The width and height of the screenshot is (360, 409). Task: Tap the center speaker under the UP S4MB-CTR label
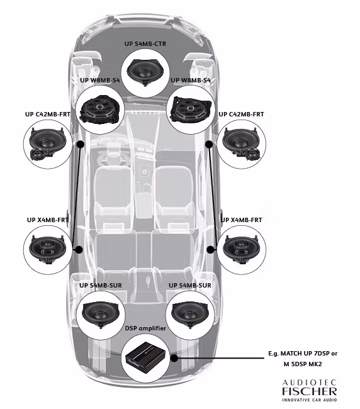coord(149,71)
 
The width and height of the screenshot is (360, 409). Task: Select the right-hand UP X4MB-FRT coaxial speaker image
coord(244,249)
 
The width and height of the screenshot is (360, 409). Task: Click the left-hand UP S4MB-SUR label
coord(101,285)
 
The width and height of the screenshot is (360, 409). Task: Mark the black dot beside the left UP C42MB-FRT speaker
coord(80,144)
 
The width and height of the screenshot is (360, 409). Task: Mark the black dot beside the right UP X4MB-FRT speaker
coord(210,249)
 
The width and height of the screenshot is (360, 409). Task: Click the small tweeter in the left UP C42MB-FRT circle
coord(39,155)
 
